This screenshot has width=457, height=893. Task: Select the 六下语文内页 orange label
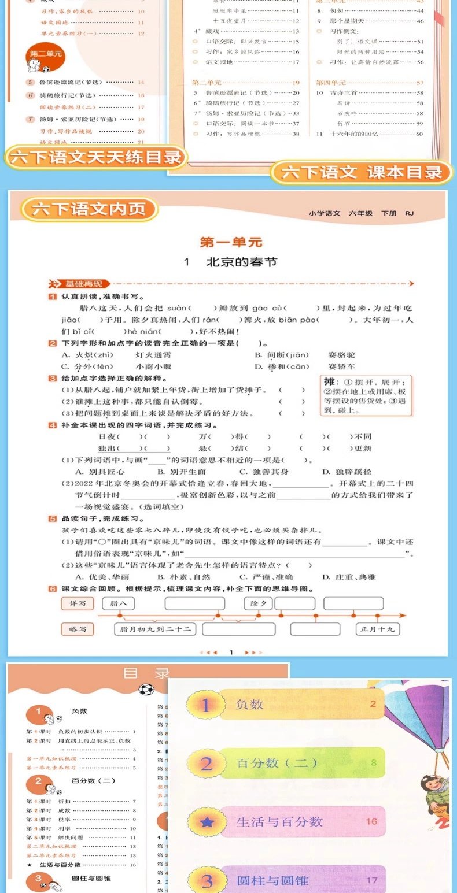point(89,209)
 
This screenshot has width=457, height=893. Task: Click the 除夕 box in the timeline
point(257,603)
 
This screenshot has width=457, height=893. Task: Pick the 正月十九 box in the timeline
point(377,629)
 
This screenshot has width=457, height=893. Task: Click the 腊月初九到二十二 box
point(156,629)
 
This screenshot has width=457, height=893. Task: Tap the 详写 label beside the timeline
point(77,603)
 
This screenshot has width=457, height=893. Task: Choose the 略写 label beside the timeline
point(77,629)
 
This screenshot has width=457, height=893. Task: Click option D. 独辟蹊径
point(347,472)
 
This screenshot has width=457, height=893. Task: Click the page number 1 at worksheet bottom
point(231,652)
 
